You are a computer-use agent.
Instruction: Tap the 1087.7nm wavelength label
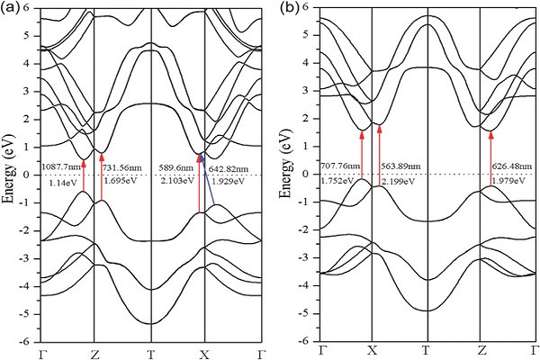(60, 167)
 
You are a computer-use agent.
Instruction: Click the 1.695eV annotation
(121, 182)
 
